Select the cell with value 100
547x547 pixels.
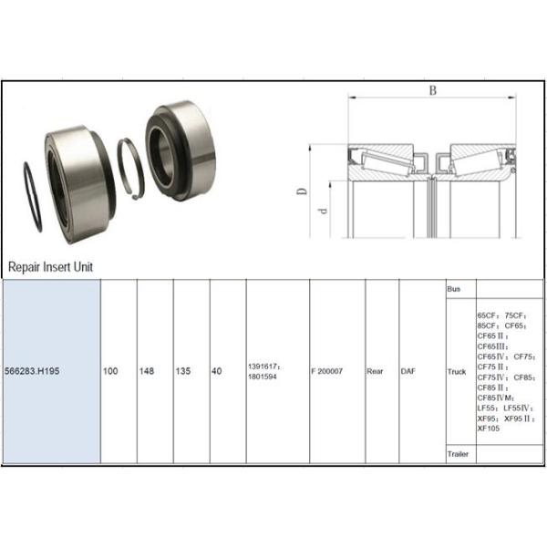[110, 372]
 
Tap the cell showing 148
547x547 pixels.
[147, 372]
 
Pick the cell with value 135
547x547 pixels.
[182, 372]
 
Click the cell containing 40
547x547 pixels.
[218, 372]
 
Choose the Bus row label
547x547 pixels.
[454, 289]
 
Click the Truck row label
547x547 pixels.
[457, 372]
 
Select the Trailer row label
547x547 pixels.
[458, 453]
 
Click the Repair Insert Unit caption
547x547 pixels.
[50, 267]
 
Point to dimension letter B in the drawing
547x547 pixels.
[433, 90]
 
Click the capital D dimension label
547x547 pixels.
[301, 191]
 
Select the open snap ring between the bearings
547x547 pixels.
[131, 166]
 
